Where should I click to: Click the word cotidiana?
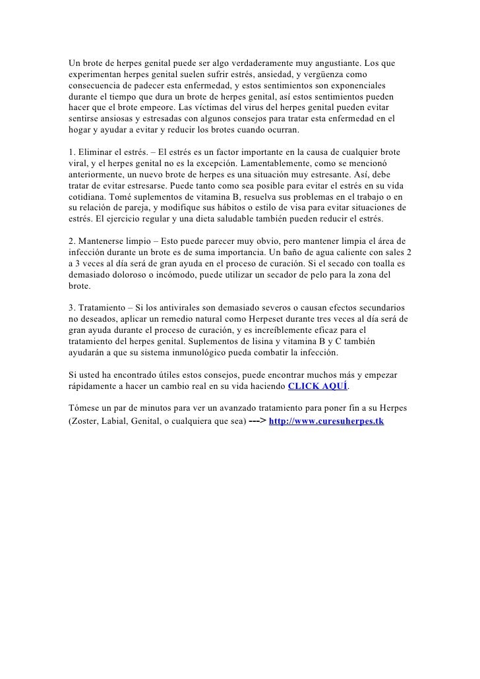pyautogui.click(x=87, y=197)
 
